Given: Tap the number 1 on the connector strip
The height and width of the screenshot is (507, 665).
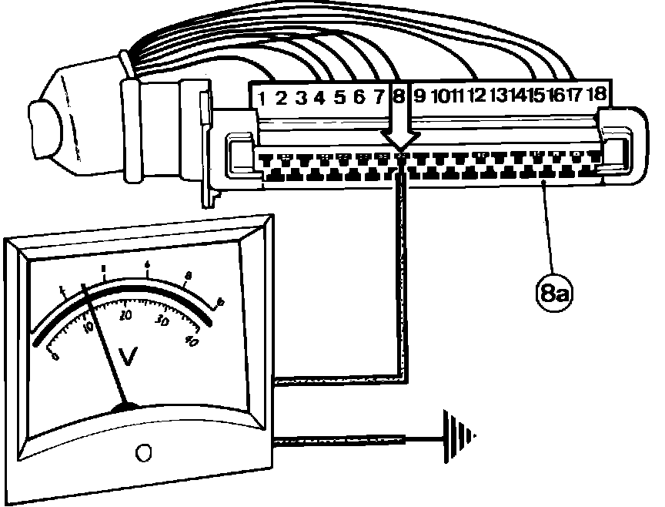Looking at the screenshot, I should point(262,98).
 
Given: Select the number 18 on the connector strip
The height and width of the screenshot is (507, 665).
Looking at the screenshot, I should point(597,94).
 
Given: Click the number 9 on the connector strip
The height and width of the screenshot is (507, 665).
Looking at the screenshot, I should point(419,96).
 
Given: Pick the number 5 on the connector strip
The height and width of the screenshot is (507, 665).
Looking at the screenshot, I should point(339,97).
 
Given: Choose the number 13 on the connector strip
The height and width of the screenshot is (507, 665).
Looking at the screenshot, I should point(499,95).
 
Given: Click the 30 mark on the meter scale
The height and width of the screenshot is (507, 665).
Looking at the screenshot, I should point(162,320).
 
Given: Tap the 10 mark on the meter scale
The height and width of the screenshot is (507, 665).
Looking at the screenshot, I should point(86,327).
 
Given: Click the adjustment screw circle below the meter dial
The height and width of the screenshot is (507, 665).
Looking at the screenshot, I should point(142,452).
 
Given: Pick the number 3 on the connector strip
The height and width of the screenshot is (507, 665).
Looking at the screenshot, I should point(301,98).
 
